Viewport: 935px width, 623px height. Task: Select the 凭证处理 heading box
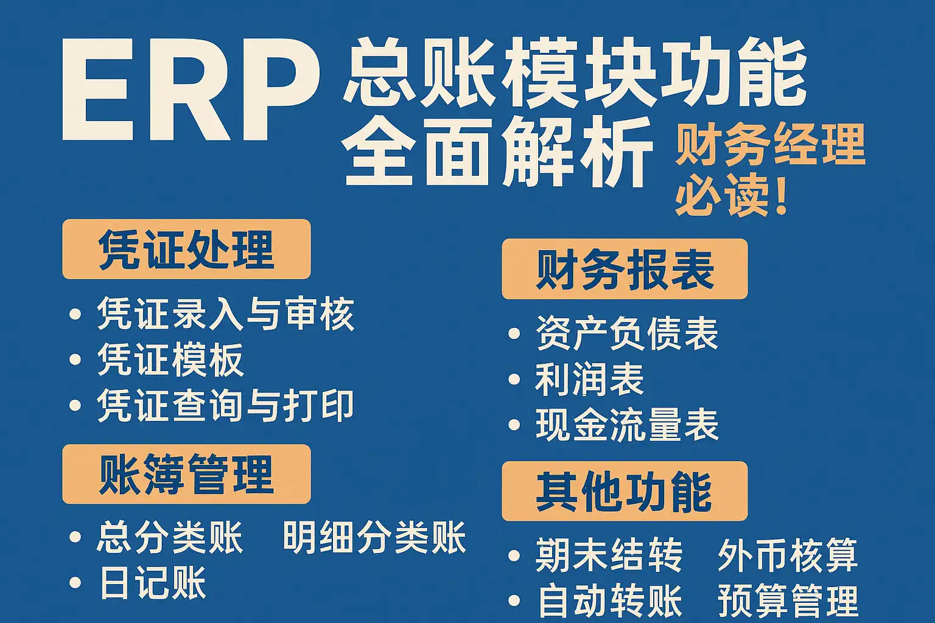[x=187, y=249]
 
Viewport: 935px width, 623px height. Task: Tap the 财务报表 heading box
[x=625, y=269]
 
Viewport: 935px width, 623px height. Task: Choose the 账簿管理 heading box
[x=187, y=474]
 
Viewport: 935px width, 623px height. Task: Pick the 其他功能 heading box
[x=625, y=491]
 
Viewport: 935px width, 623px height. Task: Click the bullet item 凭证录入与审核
[x=225, y=314]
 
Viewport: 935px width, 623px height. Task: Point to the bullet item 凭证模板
[x=170, y=360]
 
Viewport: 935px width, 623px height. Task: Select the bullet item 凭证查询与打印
[x=225, y=406]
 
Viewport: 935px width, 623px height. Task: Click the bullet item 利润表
[x=589, y=379]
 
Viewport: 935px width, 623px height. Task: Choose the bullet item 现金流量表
[x=626, y=425]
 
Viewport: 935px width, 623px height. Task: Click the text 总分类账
[x=169, y=537]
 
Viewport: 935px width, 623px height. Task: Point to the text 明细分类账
[x=374, y=537]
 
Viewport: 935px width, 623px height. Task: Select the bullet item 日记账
[x=153, y=582]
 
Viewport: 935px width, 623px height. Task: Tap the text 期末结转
[x=609, y=555]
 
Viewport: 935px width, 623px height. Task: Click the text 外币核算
[x=788, y=555]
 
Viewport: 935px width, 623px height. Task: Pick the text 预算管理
[x=788, y=600]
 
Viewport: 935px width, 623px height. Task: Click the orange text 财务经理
[x=771, y=146]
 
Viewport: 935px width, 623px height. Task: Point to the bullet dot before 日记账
[x=75, y=582]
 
